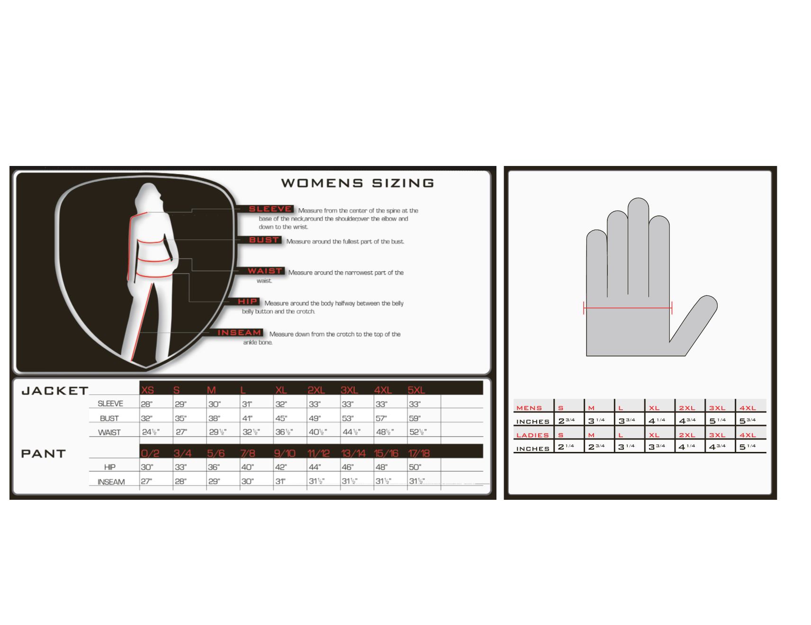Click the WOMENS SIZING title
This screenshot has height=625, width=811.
(x=358, y=183)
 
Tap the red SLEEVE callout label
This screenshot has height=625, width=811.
(x=270, y=209)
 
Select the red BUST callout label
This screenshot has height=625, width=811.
(x=264, y=240)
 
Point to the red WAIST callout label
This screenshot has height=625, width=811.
(x=265, y=271)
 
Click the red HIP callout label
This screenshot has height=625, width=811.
(x=248, y=302)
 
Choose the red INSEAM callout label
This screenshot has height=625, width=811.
(x=239, y=332)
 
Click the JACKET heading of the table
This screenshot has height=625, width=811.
(x=55, y=391)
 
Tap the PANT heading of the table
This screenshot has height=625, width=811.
(x=43, y=453)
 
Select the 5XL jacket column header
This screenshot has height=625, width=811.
(x=416, y=390)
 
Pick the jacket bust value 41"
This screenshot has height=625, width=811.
(x=247, y=418)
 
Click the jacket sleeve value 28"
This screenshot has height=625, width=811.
(x=146, y=404)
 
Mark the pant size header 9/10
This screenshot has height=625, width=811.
(x=285, y=453)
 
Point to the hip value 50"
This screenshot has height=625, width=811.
(x=415, y=467)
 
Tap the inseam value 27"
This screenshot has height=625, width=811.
(x=146, y=481)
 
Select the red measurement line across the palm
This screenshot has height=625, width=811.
(x=628, y=308)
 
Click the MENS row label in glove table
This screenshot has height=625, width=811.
(x=529, y=408)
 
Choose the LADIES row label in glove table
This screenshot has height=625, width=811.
(x=532, y=435)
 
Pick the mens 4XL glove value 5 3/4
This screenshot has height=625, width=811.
(x=748, y=421)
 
